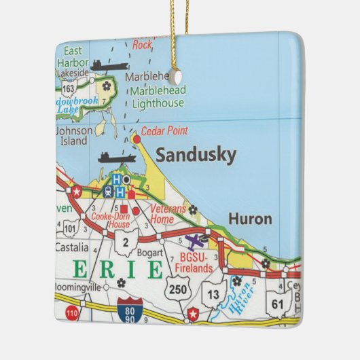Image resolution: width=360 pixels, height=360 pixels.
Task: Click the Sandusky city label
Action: click(196, 156)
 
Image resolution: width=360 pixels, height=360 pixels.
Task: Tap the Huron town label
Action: click(250, 219)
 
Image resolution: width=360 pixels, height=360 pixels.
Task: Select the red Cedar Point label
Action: click(166, 131)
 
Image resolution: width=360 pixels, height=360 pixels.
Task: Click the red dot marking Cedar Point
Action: click(137, 139)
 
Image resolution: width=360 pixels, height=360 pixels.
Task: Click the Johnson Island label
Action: click(71, 136)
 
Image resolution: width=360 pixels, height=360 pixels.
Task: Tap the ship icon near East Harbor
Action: click(109, 65)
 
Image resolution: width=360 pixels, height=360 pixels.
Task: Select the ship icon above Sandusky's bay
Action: click(117, 158)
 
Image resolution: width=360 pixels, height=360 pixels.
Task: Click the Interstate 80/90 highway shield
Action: click(129, 309)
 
